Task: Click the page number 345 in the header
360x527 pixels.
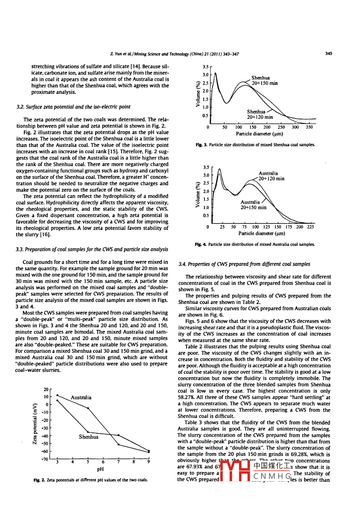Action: pos(328,54)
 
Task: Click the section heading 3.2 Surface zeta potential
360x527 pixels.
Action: pos(73,107)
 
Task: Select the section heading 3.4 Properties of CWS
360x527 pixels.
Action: pos(244,264)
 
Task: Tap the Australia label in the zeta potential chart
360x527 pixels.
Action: pos(81,398)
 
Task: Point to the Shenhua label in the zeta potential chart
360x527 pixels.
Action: pos(88,437)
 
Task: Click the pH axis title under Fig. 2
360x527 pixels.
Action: pos(100,469)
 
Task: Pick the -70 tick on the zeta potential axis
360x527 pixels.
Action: pos(45,459)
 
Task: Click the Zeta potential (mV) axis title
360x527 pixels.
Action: pos(35,424)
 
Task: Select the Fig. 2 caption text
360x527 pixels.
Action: pos(91,480)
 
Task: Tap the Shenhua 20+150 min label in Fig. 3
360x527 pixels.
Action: pos(264,80)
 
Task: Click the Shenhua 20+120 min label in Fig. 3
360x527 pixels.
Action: pos(260,114)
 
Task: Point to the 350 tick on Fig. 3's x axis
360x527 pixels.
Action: pos(309,127)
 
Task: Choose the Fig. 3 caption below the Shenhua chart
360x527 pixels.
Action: pos(255,145)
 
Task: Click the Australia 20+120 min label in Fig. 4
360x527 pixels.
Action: pos(271,176)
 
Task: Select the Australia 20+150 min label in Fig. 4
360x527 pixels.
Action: pos(253,205)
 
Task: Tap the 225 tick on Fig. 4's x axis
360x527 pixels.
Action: pos(310,227)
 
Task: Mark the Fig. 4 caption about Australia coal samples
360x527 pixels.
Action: pos(255,244)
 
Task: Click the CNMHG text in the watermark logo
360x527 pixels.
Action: pos(272,476)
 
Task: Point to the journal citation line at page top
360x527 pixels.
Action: pos(174,54)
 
